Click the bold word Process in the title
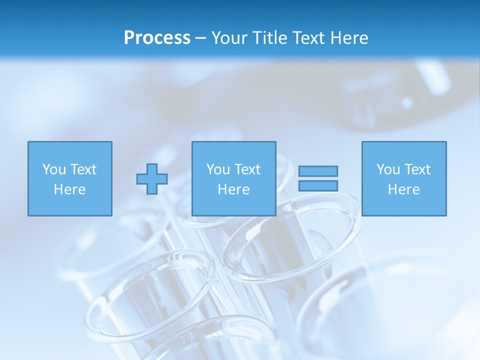(x=157, y=38)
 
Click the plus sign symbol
(x=152, y=179)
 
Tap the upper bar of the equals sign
(x=318, y=171)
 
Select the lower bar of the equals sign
(x=318, y=185)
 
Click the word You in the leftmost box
(x=53, y=169)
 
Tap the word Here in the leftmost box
(x=70, y=189)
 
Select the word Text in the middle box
(x=247, y=169)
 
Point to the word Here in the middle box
(x=234, y=189)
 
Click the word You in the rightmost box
(x=387, y=169)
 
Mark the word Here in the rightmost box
(x=404, y=189)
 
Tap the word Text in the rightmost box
(x=417, y=169)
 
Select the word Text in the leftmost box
(x=83, y=169)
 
